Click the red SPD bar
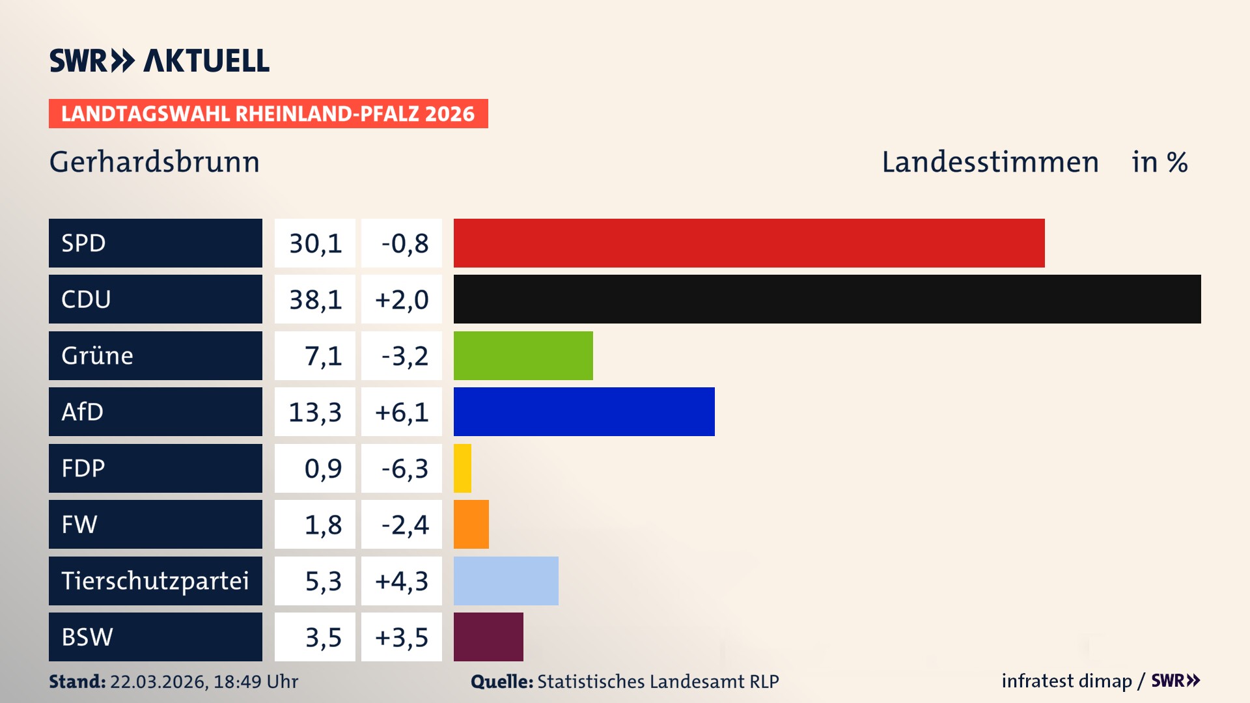click(749, 243)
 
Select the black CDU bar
click(827, 299)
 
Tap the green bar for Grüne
click(523, 355)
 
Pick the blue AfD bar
click(584, 411)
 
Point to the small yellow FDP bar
click(462, 468)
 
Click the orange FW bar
click(471, 524)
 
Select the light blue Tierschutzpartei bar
click(506, 581)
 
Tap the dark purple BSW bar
click(488, 637)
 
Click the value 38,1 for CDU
click(315, 299)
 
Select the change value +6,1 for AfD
click(402, 412)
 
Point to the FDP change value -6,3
click(404, 468)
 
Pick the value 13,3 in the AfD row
click(315, 412)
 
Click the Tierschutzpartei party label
click(155, 581)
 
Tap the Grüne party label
click(98, 355)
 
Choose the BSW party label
click(87, 637)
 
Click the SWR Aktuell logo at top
click(159, 61)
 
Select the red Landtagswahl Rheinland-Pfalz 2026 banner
click(268, 114)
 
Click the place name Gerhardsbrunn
click(154, 162)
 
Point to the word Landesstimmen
click(990, 162)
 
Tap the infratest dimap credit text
click(1066, 681)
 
